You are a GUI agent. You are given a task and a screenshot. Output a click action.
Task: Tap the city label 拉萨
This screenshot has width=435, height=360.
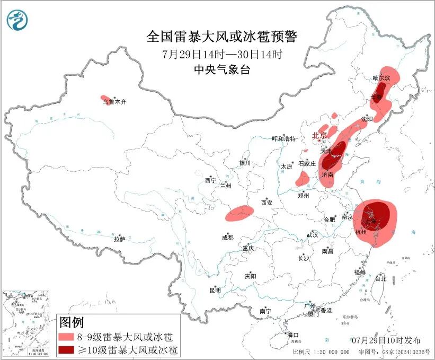tap(119, 239)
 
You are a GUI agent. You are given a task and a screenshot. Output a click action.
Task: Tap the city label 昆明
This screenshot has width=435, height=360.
tap(215, 290)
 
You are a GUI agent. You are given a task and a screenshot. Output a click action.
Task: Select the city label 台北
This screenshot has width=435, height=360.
tap(380, 278)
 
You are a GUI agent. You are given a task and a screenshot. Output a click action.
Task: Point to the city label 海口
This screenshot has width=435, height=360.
tap(293, 335)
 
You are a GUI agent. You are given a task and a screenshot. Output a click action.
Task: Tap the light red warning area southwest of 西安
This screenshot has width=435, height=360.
tap(239, 213)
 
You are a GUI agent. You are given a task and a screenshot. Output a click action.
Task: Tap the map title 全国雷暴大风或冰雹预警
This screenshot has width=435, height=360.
tap(222, 37)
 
